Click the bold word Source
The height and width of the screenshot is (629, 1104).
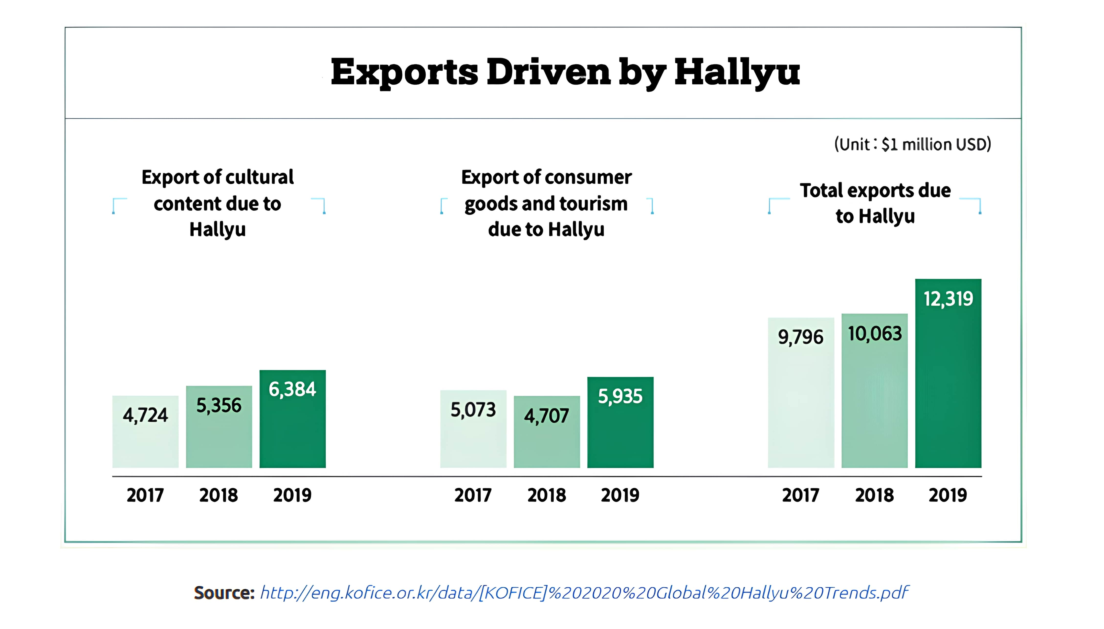point(224,593)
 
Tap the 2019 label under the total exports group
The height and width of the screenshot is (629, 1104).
point(948,495)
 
